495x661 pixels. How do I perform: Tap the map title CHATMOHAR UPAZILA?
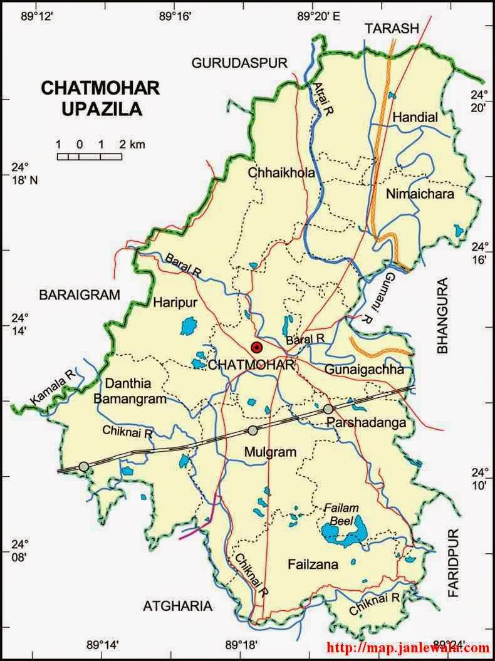(91, 98)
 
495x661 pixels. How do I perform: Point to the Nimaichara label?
(420, 194)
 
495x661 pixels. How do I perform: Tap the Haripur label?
(175, 303)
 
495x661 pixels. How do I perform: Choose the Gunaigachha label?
(364, 370)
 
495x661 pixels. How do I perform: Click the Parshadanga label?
(367, 424)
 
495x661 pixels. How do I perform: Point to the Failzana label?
(313, 565)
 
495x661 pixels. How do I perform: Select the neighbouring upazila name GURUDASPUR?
(239, 63)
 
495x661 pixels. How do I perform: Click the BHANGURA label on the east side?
(444, 315)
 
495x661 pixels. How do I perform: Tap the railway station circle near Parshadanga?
(328, 409)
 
